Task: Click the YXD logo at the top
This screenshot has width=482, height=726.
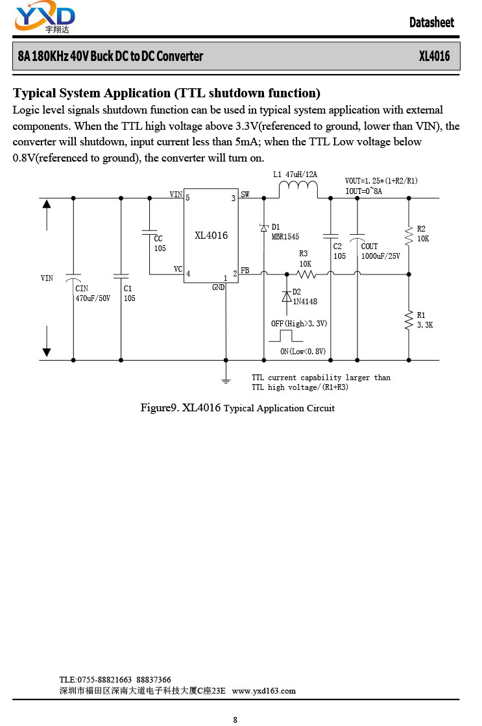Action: pos(45,18)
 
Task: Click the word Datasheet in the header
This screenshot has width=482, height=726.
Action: pos(431,22)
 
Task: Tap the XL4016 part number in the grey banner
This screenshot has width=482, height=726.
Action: pos(434,56)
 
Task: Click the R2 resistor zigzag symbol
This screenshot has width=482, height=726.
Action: pos(409,236)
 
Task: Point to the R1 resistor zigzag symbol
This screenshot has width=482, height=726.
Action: pos(409,321)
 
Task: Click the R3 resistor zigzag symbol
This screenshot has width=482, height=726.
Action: pos(306,274)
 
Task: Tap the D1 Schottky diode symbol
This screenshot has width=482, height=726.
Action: pos(264,227)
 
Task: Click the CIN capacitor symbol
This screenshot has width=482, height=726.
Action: pos(73,278)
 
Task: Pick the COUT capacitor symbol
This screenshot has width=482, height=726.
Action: pos(357,237)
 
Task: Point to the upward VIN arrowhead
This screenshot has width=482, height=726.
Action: pos(47,204)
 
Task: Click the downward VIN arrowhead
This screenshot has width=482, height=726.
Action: pos(47,352)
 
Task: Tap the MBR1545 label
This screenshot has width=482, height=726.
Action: pos(285,237)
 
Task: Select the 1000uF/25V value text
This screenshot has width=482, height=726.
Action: pos(381,256)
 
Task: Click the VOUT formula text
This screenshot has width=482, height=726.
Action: pos(381,180)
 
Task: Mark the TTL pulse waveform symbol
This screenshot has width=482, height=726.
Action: pos(285,335)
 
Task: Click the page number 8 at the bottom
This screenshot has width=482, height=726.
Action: pos(235,720)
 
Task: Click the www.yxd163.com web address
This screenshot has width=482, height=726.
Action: pos(264,691)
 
